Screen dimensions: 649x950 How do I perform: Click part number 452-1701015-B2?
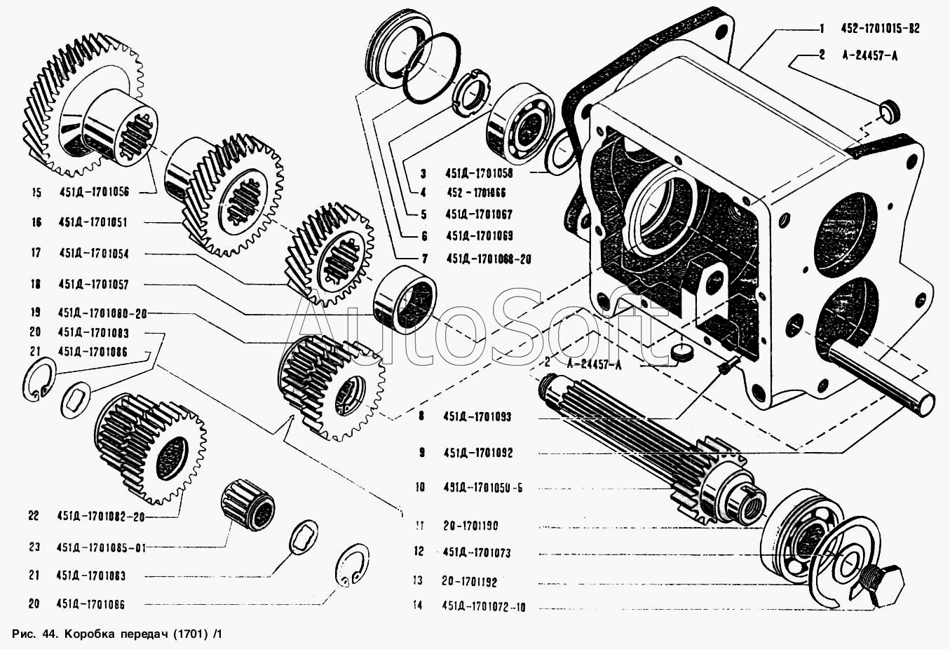click(880, 29)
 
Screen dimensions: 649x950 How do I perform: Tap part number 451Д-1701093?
click(477, 416)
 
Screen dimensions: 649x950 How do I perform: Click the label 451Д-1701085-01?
click(101, 547)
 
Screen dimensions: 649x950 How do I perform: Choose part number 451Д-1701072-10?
click(484, 606)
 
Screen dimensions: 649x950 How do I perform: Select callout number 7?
click(424, 259)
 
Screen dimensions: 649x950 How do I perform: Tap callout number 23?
click(34, 547)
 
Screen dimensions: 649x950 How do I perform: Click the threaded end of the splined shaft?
click(746, 504)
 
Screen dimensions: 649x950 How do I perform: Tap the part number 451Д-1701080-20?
click(102, 313)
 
